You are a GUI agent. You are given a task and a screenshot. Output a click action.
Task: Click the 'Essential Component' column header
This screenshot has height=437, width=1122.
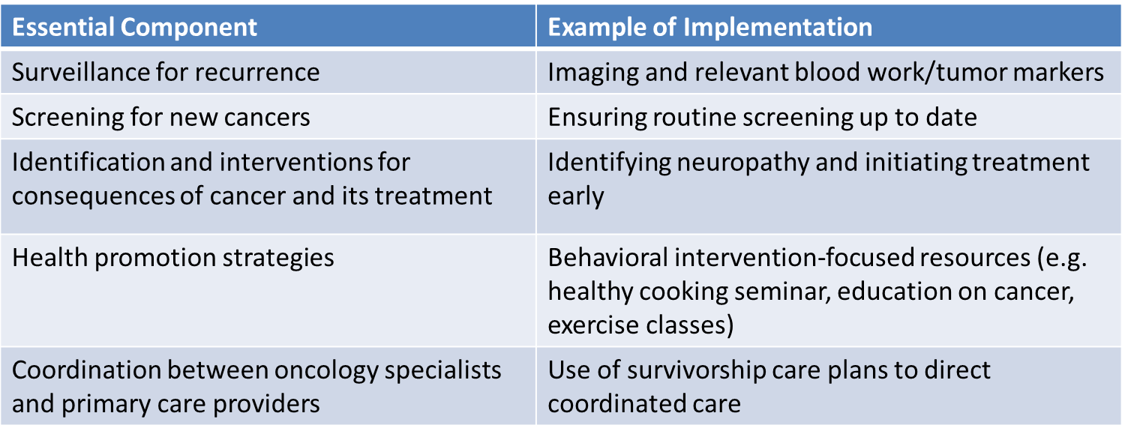click(134, 26)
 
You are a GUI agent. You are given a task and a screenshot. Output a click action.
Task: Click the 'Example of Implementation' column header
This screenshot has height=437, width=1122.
click(709, 26)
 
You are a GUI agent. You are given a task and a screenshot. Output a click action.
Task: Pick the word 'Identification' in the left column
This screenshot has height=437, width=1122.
click(88, 162)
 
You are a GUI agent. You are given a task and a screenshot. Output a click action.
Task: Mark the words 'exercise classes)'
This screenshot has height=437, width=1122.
click(640, 325)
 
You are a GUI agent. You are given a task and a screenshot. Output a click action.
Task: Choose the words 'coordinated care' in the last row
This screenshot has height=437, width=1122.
click(644, 404)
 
